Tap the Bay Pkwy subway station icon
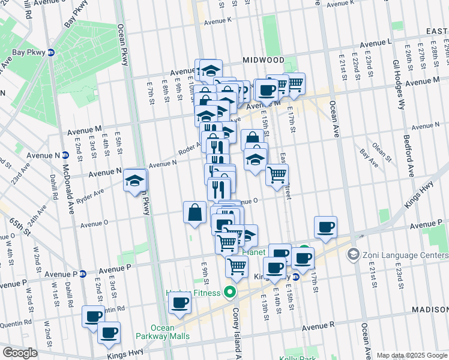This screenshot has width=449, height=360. pos(51,52)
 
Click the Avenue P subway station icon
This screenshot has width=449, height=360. pos(83,274)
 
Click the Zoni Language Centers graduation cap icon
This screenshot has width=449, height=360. pos(353,254)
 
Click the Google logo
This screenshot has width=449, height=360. pos(20,353)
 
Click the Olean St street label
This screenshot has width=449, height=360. pos(380,152)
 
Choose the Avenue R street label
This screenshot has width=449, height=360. pos(318,328)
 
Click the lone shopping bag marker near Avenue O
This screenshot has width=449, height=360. pos(195,212)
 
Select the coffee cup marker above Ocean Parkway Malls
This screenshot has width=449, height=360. pos(179,304)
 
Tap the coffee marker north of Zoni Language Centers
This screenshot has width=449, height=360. pos(325,227)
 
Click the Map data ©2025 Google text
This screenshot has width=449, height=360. pos(412,355)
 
